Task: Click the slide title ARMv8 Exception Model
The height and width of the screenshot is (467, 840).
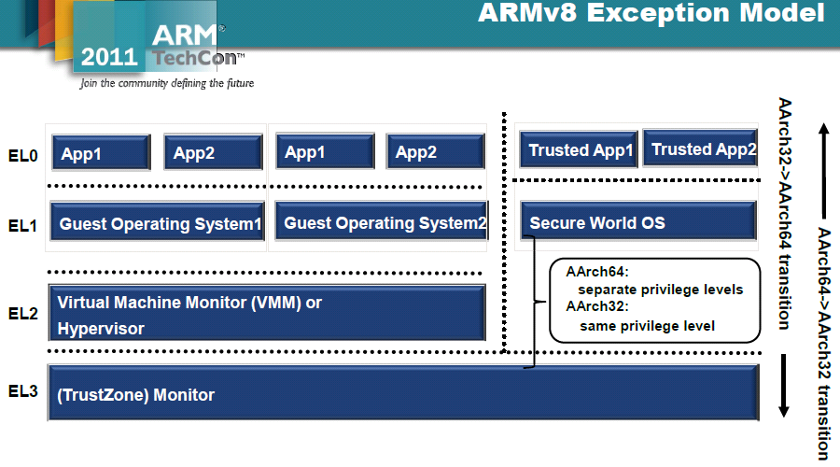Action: click(651, 14)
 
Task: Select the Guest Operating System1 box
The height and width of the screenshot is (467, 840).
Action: click(158, 224)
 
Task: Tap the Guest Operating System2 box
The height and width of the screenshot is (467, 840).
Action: click(383, 223)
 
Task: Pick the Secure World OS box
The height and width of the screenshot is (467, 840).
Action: click(637, 223)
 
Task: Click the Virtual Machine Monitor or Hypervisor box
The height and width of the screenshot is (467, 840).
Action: click(267, 315)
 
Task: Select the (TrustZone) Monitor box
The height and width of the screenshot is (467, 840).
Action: click(402, 394)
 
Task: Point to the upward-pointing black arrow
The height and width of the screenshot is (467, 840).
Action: click(825, 153)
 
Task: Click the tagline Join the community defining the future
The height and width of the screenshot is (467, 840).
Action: click(167, 83)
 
